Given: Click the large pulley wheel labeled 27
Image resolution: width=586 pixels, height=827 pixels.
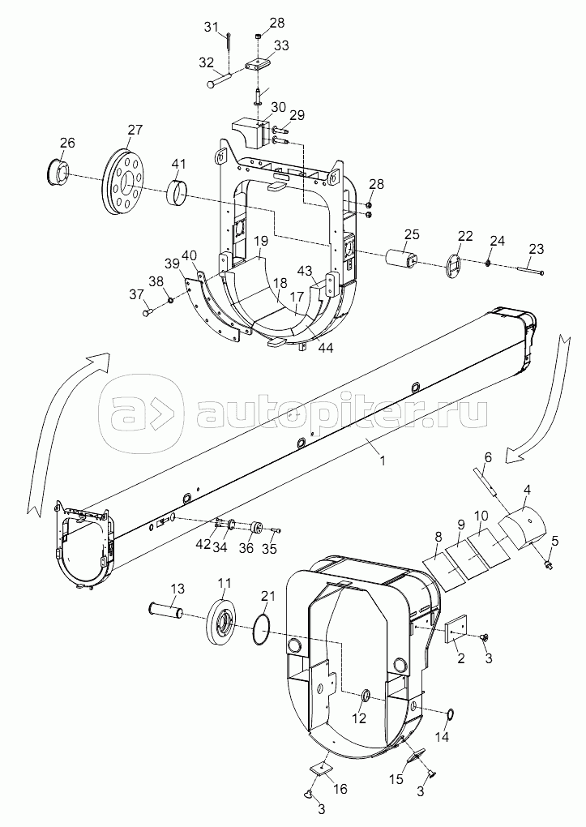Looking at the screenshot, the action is [125, 182].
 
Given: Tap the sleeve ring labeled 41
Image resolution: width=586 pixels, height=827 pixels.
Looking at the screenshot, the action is [178, 193].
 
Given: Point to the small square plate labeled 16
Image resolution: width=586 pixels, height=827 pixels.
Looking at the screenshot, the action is [319, 769].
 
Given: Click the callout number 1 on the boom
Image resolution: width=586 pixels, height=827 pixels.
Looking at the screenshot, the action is [383, 460].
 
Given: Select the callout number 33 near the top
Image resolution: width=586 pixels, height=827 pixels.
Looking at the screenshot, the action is [281, 45].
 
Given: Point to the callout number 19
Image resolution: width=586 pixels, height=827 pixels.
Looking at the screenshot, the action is [260, 241].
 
